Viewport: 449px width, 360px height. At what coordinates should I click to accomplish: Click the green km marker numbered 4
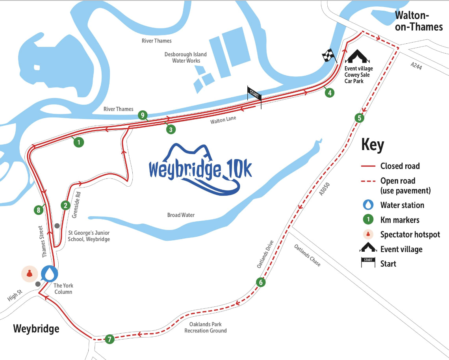(x=329, y=93)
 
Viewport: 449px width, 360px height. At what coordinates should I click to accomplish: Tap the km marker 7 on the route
(x=109, y=339)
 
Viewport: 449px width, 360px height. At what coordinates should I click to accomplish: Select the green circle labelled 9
(x=143, y=115)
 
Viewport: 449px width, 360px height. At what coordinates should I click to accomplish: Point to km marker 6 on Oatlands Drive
(x=260, y=282)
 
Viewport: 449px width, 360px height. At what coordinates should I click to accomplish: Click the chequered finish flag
(x=328, y=56)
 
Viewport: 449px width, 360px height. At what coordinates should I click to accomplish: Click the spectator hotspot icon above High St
(x=29, y=273)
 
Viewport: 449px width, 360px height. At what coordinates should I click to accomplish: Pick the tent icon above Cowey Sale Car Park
(x=358, y=56)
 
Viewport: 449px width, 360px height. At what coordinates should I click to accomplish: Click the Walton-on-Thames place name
(x=419, y=21)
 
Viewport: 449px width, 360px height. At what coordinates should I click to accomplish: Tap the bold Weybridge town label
(x=36, y=328)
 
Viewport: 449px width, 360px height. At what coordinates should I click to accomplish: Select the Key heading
(x=372, y=145)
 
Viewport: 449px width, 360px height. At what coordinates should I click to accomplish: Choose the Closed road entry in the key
(x=400, y=166)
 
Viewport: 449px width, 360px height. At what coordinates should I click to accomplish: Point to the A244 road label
(x=416, y=67)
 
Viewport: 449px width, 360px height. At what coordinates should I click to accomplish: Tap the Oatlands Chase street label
(x=307, y=255)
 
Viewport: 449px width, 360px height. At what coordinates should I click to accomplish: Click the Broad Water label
(x=181, y=215)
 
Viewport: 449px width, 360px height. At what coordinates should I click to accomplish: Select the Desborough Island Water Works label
(x=186, y=58)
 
